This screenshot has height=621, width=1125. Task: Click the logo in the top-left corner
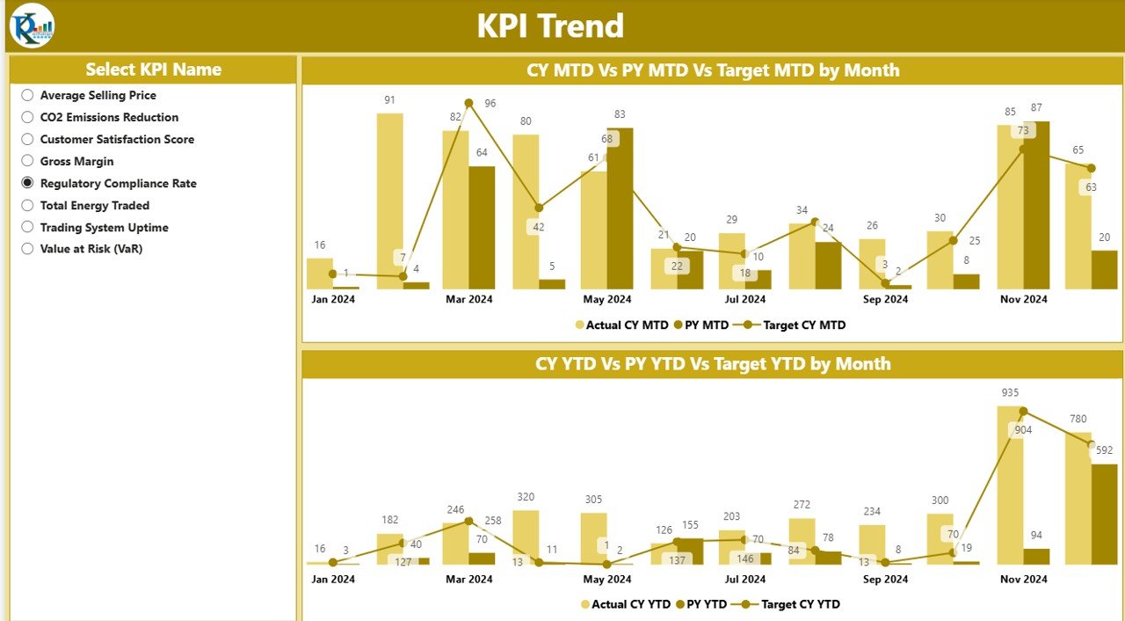pos(32,26)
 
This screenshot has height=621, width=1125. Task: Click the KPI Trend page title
pos(550,26)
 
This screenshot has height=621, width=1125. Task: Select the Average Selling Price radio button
pos(27,95)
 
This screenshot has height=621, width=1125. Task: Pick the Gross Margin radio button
pos(27,161)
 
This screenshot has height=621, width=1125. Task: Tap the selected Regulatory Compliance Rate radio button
pos(27,183)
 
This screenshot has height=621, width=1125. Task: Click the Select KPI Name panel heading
pos(153,69)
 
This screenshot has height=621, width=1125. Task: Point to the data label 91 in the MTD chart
pos(389,100)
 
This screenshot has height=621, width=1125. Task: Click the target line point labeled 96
pos(468,103)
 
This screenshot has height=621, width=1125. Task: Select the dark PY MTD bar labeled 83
pos(620,208)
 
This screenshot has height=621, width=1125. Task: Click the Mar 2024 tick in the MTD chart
pos(468,299)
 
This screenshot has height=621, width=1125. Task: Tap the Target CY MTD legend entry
pos(795,325)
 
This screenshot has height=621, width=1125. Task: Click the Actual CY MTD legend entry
pos(622,325)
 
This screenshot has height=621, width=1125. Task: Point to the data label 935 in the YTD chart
pos(1010,392)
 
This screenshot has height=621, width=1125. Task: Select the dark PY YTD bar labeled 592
pos(1104,514)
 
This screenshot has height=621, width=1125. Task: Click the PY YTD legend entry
pos(702,604)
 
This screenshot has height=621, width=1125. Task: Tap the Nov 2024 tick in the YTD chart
pos(1023,580)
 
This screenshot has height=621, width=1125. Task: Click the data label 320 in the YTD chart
pos(525,498)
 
